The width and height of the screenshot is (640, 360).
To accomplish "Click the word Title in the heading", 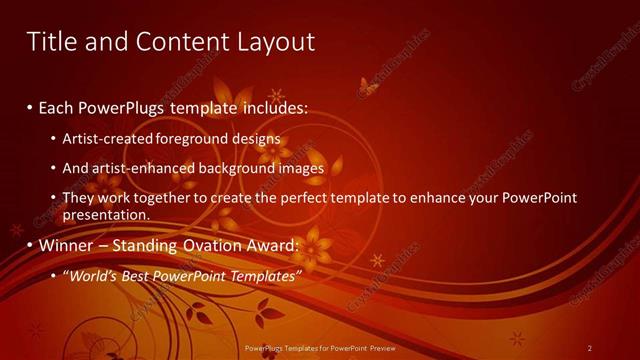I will pos(50,41).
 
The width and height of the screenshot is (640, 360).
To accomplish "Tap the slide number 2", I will pos(590,348).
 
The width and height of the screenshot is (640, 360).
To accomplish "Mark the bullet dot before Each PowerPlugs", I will pos(30,107).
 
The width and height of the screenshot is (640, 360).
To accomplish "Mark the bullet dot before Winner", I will pos(30,246).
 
